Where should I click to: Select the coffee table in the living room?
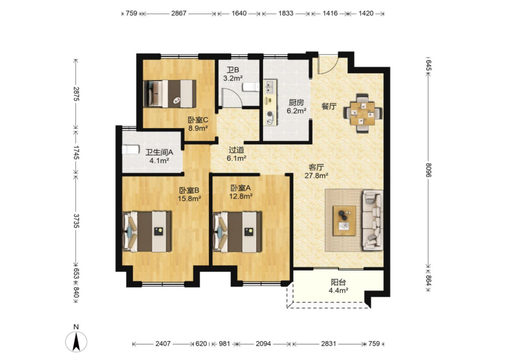344,220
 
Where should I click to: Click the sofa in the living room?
372,220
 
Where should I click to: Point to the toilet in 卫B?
251,87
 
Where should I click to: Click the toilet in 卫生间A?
131,150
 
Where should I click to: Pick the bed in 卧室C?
170,94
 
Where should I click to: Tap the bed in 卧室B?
147,232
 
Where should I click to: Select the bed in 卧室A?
237,232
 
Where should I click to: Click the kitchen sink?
270,86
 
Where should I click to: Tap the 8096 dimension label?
428,170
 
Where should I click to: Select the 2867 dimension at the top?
179,13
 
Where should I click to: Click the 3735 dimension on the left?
76,221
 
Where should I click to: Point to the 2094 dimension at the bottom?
263,344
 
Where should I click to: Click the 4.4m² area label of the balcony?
338,290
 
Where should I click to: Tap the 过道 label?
236,150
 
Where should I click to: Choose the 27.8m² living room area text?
316,175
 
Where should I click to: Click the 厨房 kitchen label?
296,103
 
